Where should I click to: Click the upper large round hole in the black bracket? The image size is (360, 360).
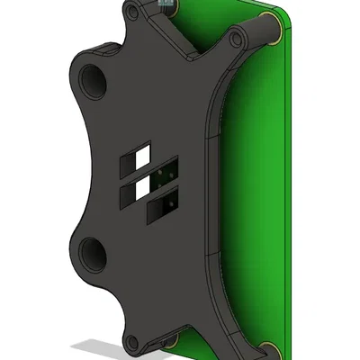(x=94, y=81)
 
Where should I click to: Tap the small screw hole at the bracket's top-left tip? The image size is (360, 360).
(x=132, y=12)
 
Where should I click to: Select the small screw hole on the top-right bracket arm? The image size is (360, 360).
(x=237, y=39)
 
